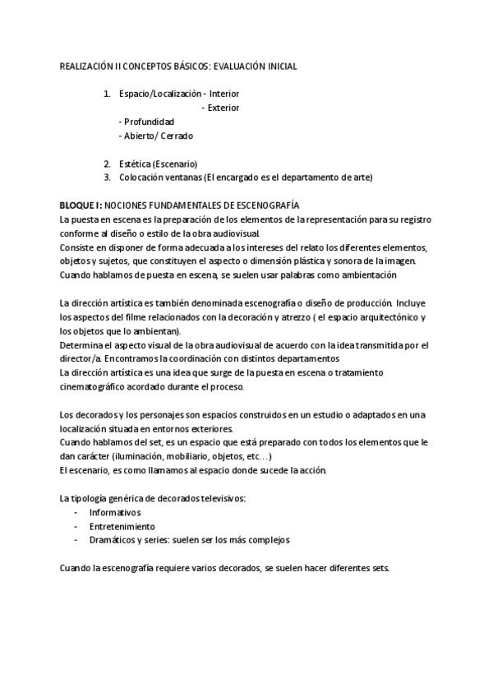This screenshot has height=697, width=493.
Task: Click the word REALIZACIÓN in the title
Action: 86,65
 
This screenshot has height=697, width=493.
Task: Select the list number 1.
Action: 107,94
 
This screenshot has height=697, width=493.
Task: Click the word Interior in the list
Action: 224,94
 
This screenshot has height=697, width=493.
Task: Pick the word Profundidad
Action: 149,122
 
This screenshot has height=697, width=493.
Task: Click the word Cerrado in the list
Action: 177,136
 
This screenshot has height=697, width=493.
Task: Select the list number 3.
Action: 107,178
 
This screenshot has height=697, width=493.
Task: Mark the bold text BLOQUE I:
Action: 81,205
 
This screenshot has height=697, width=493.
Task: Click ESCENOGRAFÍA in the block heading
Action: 264,205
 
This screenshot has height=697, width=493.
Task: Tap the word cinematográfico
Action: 97,387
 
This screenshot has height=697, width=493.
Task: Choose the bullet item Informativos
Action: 114,512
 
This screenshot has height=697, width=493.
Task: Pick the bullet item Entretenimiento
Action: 122,526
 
